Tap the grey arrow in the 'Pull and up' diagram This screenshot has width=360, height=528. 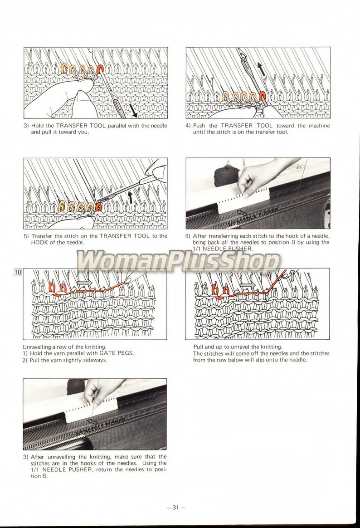coord(248,285)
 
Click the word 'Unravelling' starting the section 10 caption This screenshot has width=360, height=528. coord(38,347)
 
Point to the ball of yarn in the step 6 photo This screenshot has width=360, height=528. coord(226,176)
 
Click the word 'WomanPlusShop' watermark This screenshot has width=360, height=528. coord(178,262)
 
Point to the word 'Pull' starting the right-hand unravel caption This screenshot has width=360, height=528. coord(199,347)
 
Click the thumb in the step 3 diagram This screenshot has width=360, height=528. coord(84,98)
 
